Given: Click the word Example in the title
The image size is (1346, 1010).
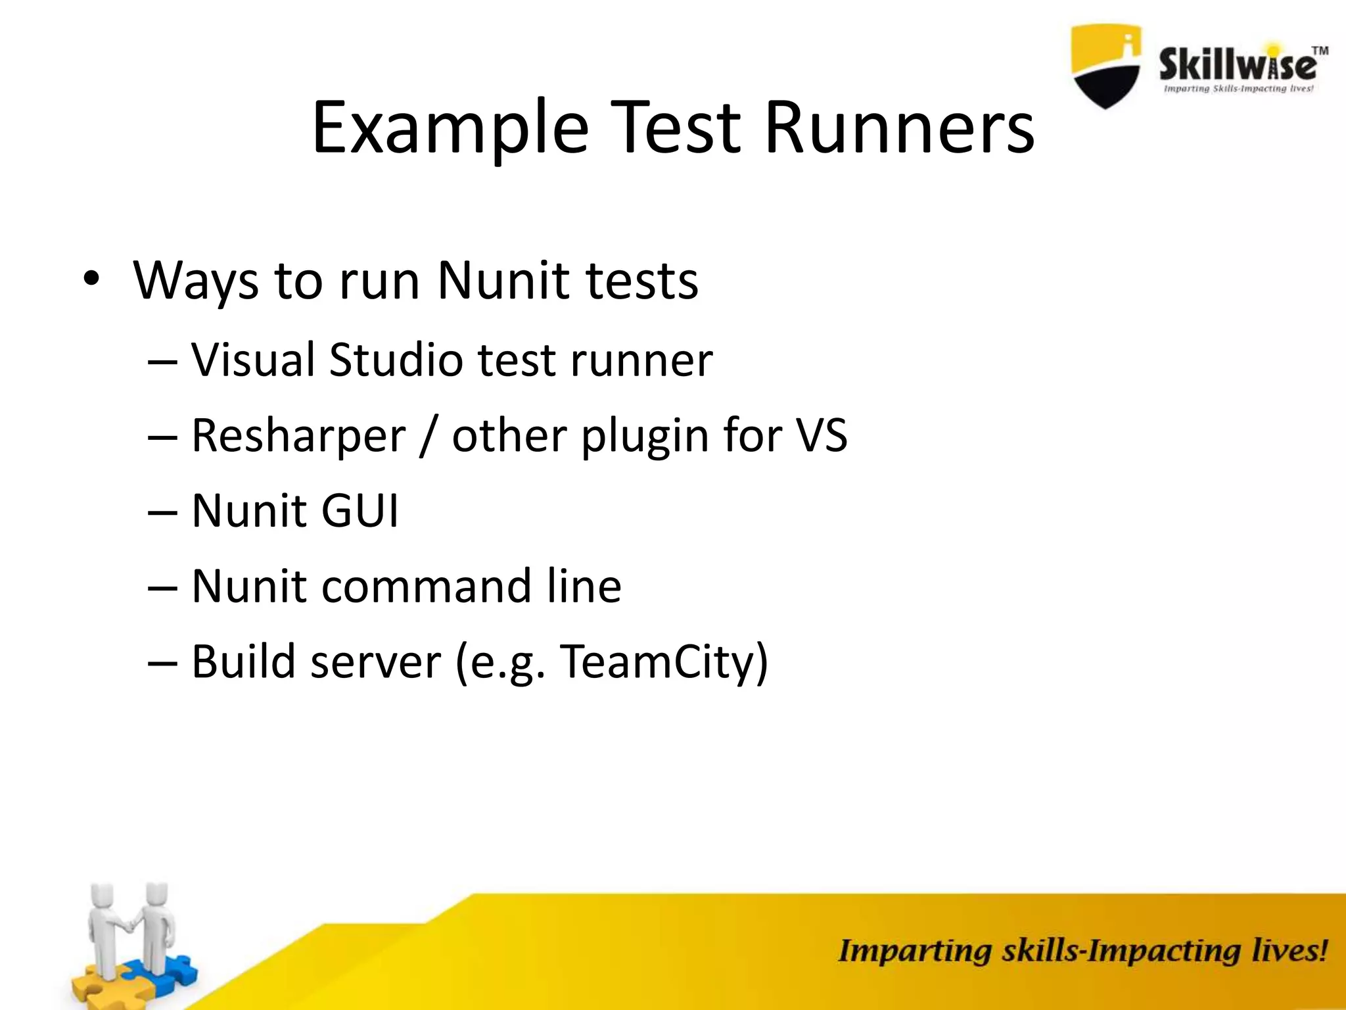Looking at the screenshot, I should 450,128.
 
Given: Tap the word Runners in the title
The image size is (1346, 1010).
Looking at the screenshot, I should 898,128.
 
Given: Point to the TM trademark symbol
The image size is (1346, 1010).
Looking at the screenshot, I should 1320,50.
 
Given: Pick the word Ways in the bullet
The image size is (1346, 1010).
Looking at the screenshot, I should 195,281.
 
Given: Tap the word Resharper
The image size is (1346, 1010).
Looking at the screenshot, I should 298,435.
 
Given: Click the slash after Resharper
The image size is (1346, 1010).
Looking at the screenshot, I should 428,437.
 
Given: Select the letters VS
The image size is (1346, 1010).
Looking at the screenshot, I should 822,435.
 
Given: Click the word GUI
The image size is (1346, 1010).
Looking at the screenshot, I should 360,511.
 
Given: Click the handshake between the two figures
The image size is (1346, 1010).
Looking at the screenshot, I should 131,925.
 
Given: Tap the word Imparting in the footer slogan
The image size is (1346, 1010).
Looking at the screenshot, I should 914,952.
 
